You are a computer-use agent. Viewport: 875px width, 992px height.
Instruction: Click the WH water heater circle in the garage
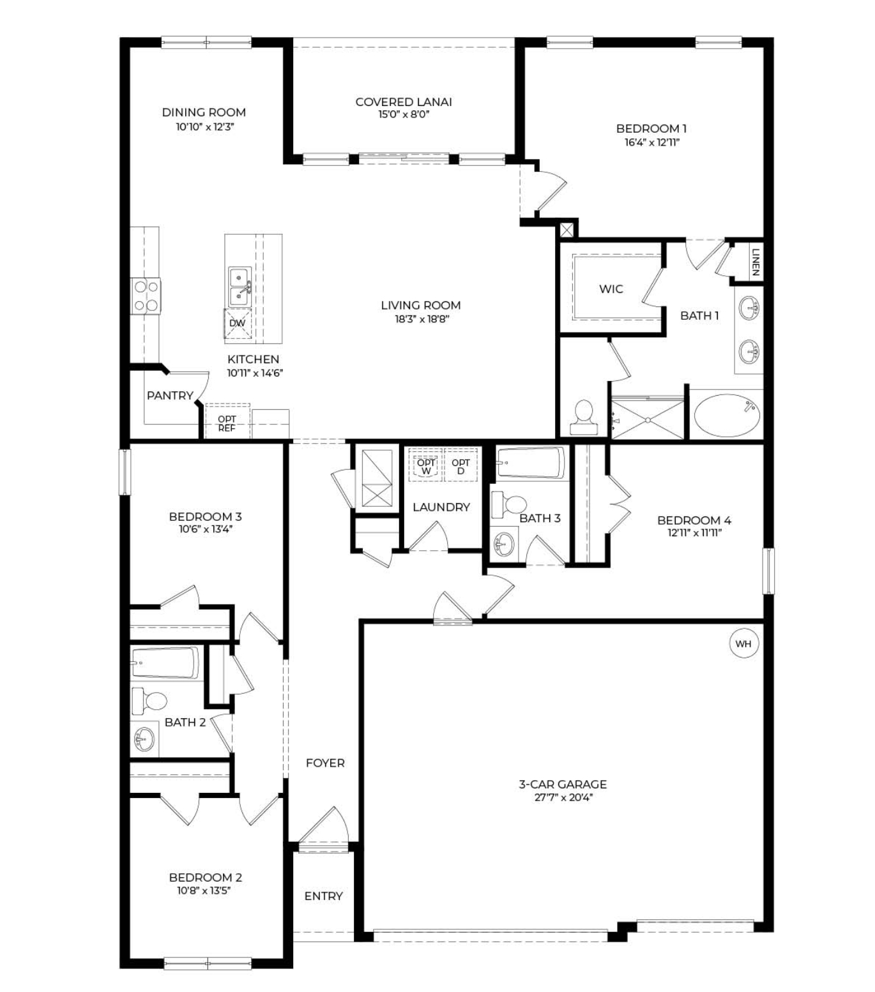(743, 643)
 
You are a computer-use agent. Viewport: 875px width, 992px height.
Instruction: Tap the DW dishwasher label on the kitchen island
(237, 323)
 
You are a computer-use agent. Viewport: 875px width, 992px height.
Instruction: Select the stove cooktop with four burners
(146, 296)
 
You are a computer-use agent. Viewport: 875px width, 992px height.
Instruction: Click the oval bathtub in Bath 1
(727, 416)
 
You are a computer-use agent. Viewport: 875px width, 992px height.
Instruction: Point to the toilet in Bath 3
(508, 506)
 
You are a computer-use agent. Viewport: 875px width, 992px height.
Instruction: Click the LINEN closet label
(755, 262)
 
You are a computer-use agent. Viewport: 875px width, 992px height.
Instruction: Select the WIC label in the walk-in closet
(611, 289)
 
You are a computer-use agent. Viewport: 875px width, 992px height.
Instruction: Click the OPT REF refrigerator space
(227, 424)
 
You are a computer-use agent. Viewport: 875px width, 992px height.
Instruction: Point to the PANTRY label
(170, 396)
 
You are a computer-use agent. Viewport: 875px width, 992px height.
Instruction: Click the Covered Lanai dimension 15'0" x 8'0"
(403, 115)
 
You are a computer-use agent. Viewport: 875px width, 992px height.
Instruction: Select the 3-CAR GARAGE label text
(563, 784)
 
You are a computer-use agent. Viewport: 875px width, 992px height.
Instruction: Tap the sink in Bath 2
(144, 740)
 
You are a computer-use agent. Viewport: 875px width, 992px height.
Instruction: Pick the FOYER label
(325, 763)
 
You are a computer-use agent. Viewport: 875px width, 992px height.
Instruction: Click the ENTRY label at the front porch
(323, 896)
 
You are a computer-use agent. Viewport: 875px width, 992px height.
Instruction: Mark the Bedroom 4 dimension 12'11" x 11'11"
(694, 533)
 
